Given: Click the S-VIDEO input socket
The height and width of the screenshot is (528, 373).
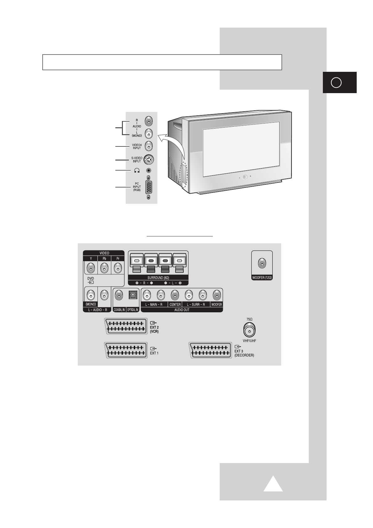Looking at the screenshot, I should (149, 160).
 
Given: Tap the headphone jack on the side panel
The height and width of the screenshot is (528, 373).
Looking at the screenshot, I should (149, 170).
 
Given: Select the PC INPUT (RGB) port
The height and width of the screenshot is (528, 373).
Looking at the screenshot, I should (149, 187).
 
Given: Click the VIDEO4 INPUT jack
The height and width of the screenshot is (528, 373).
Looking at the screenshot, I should (149, 146).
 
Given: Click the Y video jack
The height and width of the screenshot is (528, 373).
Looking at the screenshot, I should (91, 268).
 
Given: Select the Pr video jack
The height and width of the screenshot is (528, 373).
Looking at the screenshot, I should (118, 268).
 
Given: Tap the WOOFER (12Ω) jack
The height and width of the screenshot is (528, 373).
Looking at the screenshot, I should (262, 264).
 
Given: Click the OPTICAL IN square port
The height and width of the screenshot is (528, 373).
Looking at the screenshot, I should (133, 295).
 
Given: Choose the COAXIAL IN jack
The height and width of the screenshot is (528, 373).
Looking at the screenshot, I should (119, 295).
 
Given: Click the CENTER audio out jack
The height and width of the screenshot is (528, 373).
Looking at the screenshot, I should (175, 295).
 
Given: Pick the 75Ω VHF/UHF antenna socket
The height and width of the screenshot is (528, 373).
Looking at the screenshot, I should (249, 330).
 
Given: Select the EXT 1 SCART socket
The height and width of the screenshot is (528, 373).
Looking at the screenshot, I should (126, 350).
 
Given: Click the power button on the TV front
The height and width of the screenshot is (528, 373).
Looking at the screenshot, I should (245, 177).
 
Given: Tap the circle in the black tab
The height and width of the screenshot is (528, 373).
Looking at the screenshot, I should (336, 82).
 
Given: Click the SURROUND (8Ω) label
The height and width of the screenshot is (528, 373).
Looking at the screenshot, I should (158, 278).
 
